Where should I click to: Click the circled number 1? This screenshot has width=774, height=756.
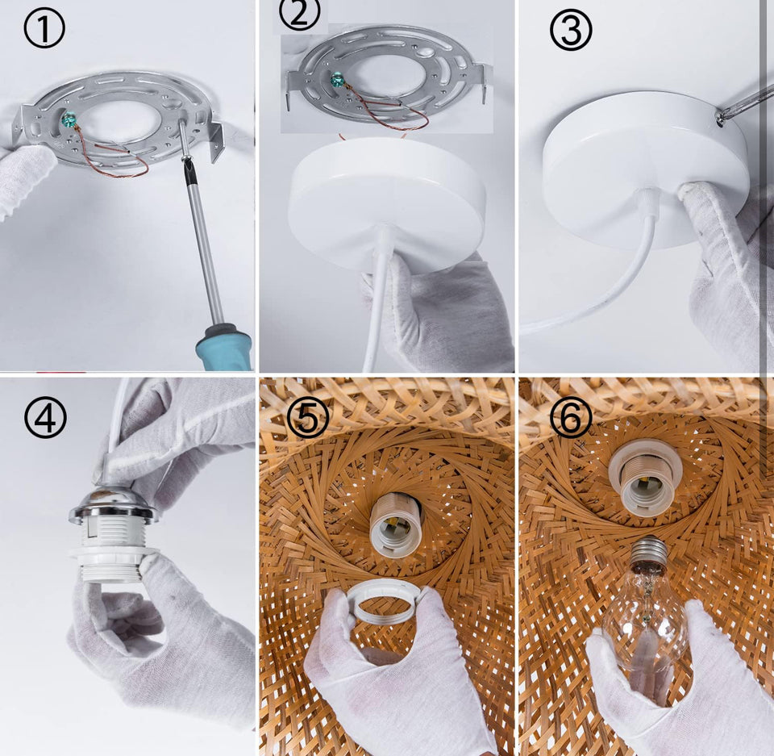(44, 29)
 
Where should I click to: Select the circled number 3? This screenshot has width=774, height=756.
(571, 31)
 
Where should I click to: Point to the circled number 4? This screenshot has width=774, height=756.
(45, 417)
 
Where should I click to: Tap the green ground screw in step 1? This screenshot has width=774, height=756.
(68, 120)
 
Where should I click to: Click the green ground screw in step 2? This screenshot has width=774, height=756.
(337, 78)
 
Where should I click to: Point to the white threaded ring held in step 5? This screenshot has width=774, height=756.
(382, 601)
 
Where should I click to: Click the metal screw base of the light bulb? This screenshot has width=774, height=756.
(648, 553)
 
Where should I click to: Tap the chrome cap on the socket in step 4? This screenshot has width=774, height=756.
(114, 506)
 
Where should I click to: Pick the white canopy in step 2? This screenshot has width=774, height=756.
(388, 203)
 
